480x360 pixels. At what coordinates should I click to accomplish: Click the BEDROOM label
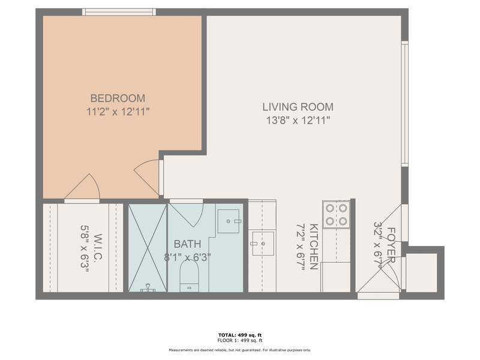coord(118,98)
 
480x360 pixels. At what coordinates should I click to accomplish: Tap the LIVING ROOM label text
coord(298,107)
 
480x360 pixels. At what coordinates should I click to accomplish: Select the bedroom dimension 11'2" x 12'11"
coord(118,111)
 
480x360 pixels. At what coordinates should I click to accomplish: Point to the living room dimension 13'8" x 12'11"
coord(298,121)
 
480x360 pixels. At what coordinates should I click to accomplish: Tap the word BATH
coord(188,244)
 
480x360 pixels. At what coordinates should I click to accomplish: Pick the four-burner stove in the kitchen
coord(336,215)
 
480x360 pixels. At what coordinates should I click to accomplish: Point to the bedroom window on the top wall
coord(119,11)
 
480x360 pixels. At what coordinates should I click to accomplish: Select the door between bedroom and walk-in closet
coord(83,188)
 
